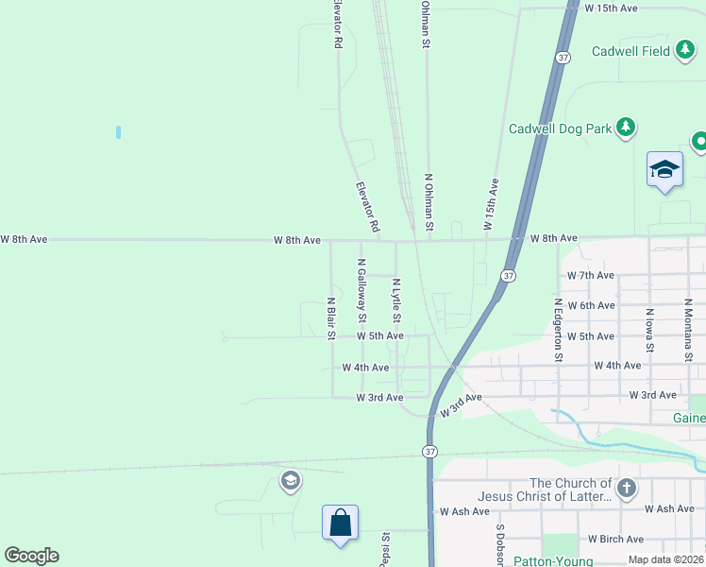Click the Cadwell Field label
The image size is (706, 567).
tap(630, 51)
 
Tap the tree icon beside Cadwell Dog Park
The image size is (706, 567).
tap(625, 128)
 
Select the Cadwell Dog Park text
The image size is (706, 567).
tap(560, 129)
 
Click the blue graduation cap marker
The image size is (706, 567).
tap(664, 170)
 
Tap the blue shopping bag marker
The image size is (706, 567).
tap(340, 523)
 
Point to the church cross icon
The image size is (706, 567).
tap(627, 489)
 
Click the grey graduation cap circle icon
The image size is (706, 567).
tap(291, 482)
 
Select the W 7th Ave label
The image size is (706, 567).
tap(590, 275)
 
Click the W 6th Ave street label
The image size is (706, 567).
tap(591, 305)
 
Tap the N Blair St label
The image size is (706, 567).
tap(331, 318)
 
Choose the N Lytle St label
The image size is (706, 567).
tap(396, 302)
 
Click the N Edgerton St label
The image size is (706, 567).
tap(558, 331)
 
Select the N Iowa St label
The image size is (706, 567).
tap(649, 325)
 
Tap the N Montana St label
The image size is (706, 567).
tap(689, 330)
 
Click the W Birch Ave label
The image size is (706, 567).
tap(615, 539)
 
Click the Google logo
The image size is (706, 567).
tap(31, 556)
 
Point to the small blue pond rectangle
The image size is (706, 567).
tap(118, 132)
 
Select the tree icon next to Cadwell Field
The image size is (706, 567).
tap(685, 51)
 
